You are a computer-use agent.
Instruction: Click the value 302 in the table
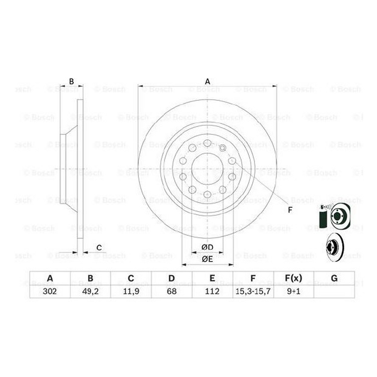pyautogui.click(x=50, y=291)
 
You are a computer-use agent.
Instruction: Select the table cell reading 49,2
pyautogui.click(x=90, y=291)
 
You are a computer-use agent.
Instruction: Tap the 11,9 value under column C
pyautogui.click(x=131, y=291)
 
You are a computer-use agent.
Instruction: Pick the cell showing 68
pyautogui.click(x=172, y=291)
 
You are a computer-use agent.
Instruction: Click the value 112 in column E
pyautogui.click(x=212, y=291)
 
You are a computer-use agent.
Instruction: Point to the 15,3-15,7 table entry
pyautogui.click(x=253, y=291)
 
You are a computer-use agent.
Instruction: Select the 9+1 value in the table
pyautogui.click(x=294, y=291)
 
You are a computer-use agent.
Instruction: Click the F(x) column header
pyautogui.click(x=294, y=278)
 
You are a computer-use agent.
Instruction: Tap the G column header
pyautogui.click(x=334, y=278)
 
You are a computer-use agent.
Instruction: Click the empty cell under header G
pyautogui.click(x=334, y=292)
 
